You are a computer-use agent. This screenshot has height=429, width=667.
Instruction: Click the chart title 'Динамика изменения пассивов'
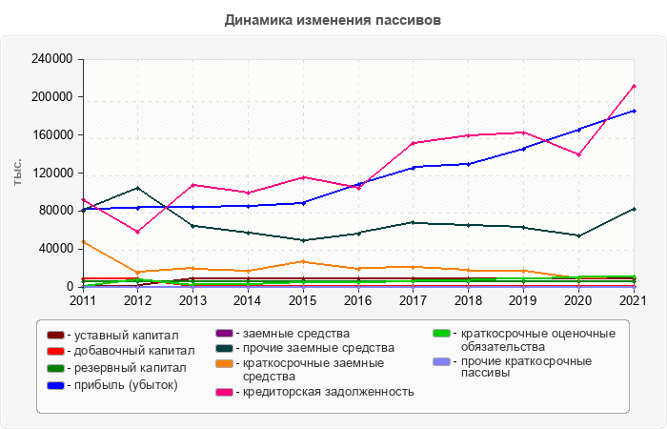(x=333, y=20)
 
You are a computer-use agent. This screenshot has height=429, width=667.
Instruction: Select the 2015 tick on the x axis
(x=302, y=300)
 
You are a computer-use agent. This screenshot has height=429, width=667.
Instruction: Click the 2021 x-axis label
(x=634, y=300)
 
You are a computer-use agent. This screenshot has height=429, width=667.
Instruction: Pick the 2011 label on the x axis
(x=83, y=300)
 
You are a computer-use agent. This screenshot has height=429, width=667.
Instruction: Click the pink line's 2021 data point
(x=634, y=86)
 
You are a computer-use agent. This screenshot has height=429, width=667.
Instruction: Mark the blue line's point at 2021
(x=634, y=111)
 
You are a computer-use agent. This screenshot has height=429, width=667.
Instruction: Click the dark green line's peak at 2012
(x=138, y=188)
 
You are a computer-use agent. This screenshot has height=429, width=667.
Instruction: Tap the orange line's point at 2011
(x=84, y=241)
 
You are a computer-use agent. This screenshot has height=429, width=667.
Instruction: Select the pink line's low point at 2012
(x=138, y=232)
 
